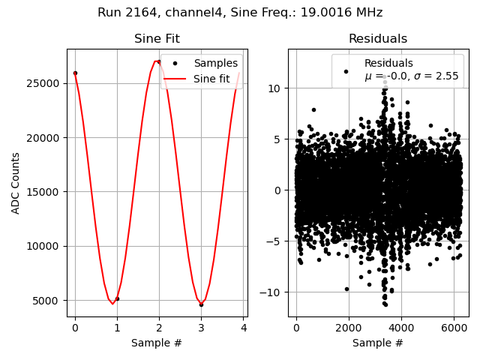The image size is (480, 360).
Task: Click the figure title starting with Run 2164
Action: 240,13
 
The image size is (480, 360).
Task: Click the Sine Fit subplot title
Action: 157,39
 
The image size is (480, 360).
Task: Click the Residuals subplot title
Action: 378,39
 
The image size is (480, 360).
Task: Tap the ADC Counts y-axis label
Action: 16,183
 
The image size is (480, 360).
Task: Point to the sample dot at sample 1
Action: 117,298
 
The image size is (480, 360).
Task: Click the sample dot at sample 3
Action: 201,304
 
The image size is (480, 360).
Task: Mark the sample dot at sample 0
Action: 75,73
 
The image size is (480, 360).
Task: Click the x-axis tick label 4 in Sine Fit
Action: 243,328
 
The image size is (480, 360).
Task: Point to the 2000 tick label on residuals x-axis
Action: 348,328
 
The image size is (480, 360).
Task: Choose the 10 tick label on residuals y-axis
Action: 274,88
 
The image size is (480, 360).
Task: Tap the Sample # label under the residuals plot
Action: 378,343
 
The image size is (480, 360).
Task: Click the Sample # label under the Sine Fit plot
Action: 157,343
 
